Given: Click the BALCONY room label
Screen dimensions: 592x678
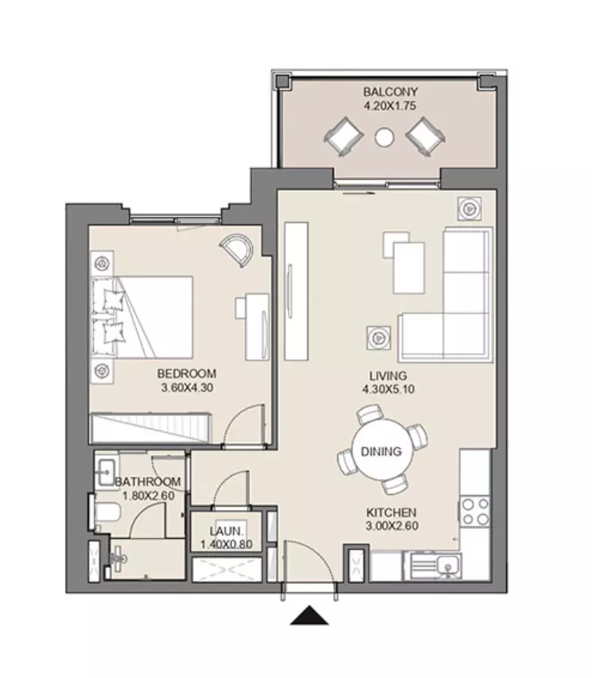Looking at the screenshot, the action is click(390, 92).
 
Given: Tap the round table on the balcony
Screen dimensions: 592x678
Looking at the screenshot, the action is click(384, 138).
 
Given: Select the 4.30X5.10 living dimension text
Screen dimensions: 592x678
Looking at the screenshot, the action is click(388, 389).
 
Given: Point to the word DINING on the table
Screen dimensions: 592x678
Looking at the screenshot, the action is click(381, 451).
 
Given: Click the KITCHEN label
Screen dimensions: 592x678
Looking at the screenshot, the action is click(391, 512).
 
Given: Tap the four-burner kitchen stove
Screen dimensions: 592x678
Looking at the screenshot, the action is click(475, 512).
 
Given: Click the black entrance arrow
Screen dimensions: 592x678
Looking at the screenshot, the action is click(310, 615).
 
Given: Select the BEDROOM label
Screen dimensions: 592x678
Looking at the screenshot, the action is click(187, 373).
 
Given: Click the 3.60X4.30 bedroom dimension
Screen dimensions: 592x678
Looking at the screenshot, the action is click(187, 388).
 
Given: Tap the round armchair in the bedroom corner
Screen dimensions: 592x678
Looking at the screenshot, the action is click(236, 250).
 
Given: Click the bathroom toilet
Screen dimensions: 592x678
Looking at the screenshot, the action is click(106, 512).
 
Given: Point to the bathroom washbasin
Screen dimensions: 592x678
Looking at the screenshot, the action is click(106, 471).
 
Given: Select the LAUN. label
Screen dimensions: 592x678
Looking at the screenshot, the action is click(226, 532).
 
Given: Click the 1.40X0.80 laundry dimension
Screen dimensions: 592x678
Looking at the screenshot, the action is click(226, 544).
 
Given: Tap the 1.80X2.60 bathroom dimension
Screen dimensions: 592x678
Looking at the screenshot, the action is click(148, 496).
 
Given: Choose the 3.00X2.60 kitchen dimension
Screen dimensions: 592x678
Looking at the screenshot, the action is click(392, 526).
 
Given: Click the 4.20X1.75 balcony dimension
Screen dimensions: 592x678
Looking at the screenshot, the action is click(390, 106).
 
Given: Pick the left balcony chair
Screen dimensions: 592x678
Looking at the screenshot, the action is click(344, 137).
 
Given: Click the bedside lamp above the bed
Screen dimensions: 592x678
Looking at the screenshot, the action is click(102, 263).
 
